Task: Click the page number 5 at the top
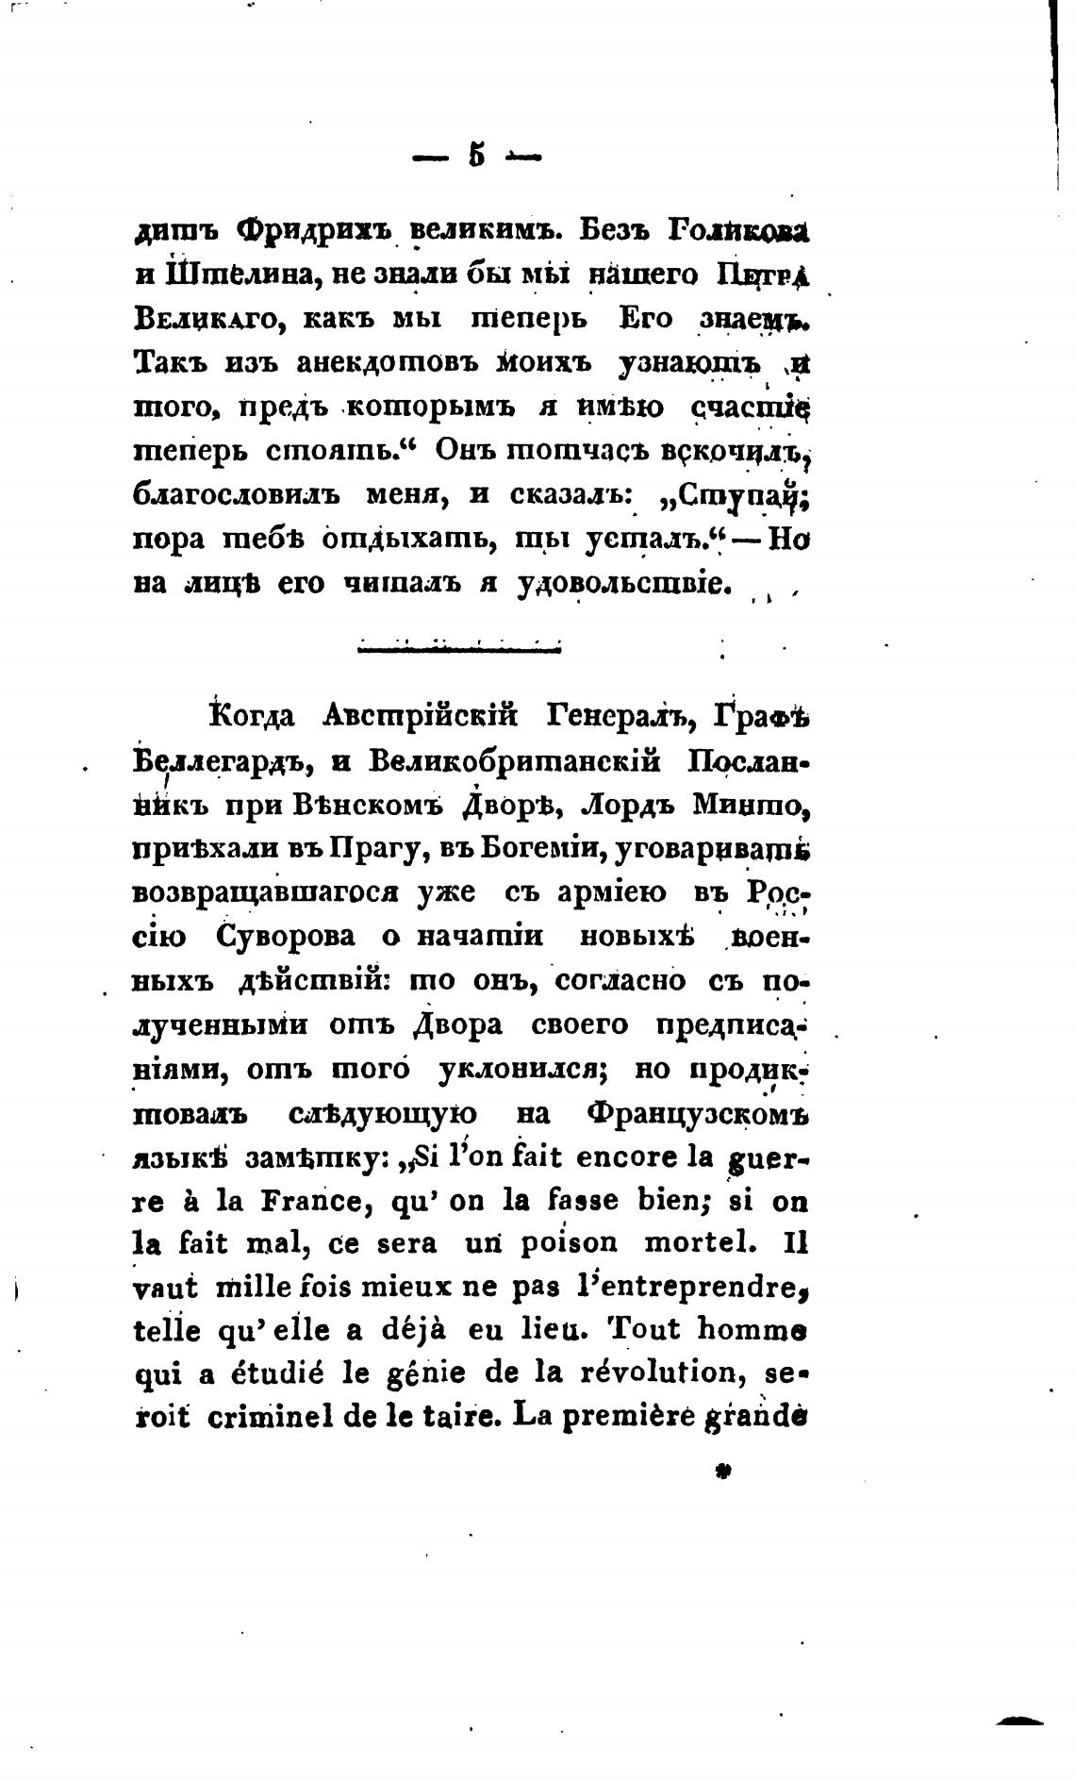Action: (x=476, y=154)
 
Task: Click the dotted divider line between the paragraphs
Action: (x=458, y=647)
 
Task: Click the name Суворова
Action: (x=287, y=937)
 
